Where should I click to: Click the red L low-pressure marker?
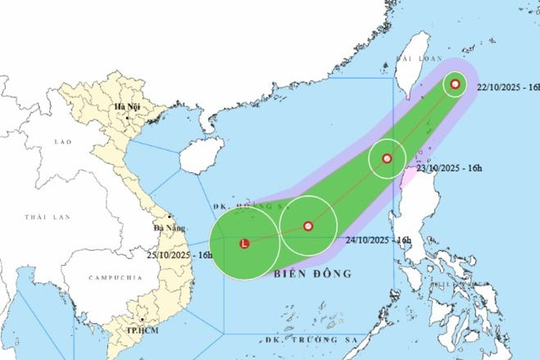[x=243, y=243]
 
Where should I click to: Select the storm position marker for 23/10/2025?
[x=388, y=158]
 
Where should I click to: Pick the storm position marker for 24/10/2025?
[x=308, y=226]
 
